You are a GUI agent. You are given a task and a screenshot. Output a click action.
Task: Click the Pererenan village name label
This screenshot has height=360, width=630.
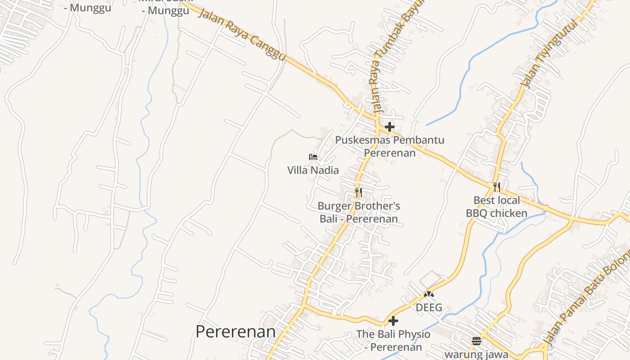(235, 332)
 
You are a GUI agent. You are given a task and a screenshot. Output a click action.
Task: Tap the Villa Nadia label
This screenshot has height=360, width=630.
(313, 170)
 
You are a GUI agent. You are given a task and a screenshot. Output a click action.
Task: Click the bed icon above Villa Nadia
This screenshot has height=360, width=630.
(313, 157)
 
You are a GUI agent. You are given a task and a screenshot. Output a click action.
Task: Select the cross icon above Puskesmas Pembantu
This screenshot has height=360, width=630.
(390, 127)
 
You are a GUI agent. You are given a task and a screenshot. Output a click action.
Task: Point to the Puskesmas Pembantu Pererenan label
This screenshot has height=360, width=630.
(390, 146)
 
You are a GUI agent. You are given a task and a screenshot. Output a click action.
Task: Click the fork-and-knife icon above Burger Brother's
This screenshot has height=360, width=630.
(358, 193)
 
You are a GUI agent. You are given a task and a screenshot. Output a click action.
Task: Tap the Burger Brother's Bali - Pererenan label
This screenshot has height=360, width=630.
(359, 212)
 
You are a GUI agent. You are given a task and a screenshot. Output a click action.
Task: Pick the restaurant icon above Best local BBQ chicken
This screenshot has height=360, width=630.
(497, 187)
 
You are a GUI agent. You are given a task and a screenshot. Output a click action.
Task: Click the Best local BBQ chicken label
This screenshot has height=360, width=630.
(496, 207)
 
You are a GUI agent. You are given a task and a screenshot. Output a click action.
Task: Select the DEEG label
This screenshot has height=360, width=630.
(429, 308)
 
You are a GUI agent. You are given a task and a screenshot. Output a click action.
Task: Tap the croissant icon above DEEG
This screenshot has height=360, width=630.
(429, 294)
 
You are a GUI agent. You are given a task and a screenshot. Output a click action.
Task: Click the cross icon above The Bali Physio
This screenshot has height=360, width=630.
(393, 321)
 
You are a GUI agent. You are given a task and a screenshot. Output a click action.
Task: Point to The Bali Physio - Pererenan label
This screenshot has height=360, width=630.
(393, 341)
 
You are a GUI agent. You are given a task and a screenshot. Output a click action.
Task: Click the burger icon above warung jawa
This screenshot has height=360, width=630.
(477, 341)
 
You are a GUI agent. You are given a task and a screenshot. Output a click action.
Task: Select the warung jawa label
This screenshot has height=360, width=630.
(477, 355)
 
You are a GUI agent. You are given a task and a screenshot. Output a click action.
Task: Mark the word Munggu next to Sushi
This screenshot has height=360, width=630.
(165, 11)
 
